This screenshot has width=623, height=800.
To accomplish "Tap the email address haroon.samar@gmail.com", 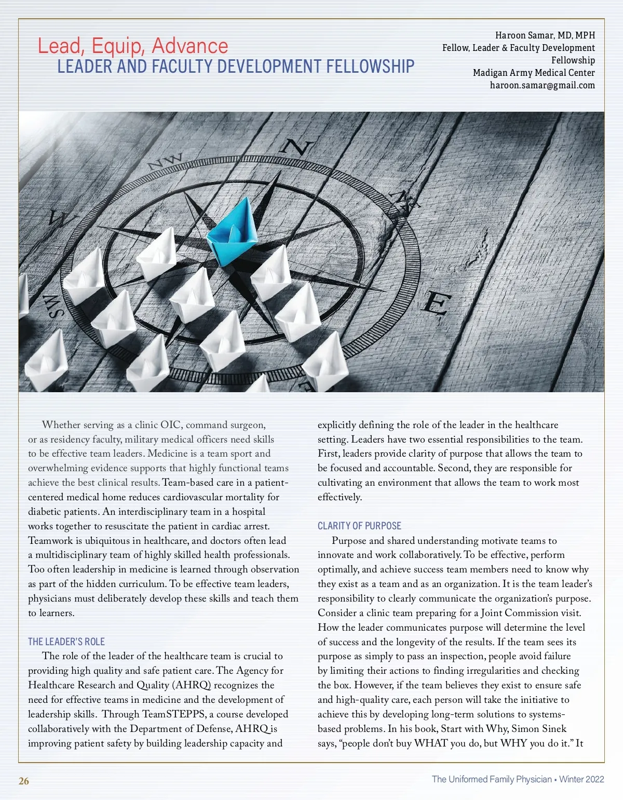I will (542, 85).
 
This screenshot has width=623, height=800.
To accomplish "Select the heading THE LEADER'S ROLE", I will (66, 642).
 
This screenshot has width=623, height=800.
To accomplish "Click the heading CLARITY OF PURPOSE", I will (359, 526).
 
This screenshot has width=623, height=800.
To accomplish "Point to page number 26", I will (24, 781).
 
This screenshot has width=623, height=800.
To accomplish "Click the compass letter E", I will (435, 303).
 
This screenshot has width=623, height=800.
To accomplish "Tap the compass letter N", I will (296, 148).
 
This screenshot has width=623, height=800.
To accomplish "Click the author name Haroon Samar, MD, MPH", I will (545, 35).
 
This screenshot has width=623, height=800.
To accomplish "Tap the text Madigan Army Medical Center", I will (534, 73).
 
